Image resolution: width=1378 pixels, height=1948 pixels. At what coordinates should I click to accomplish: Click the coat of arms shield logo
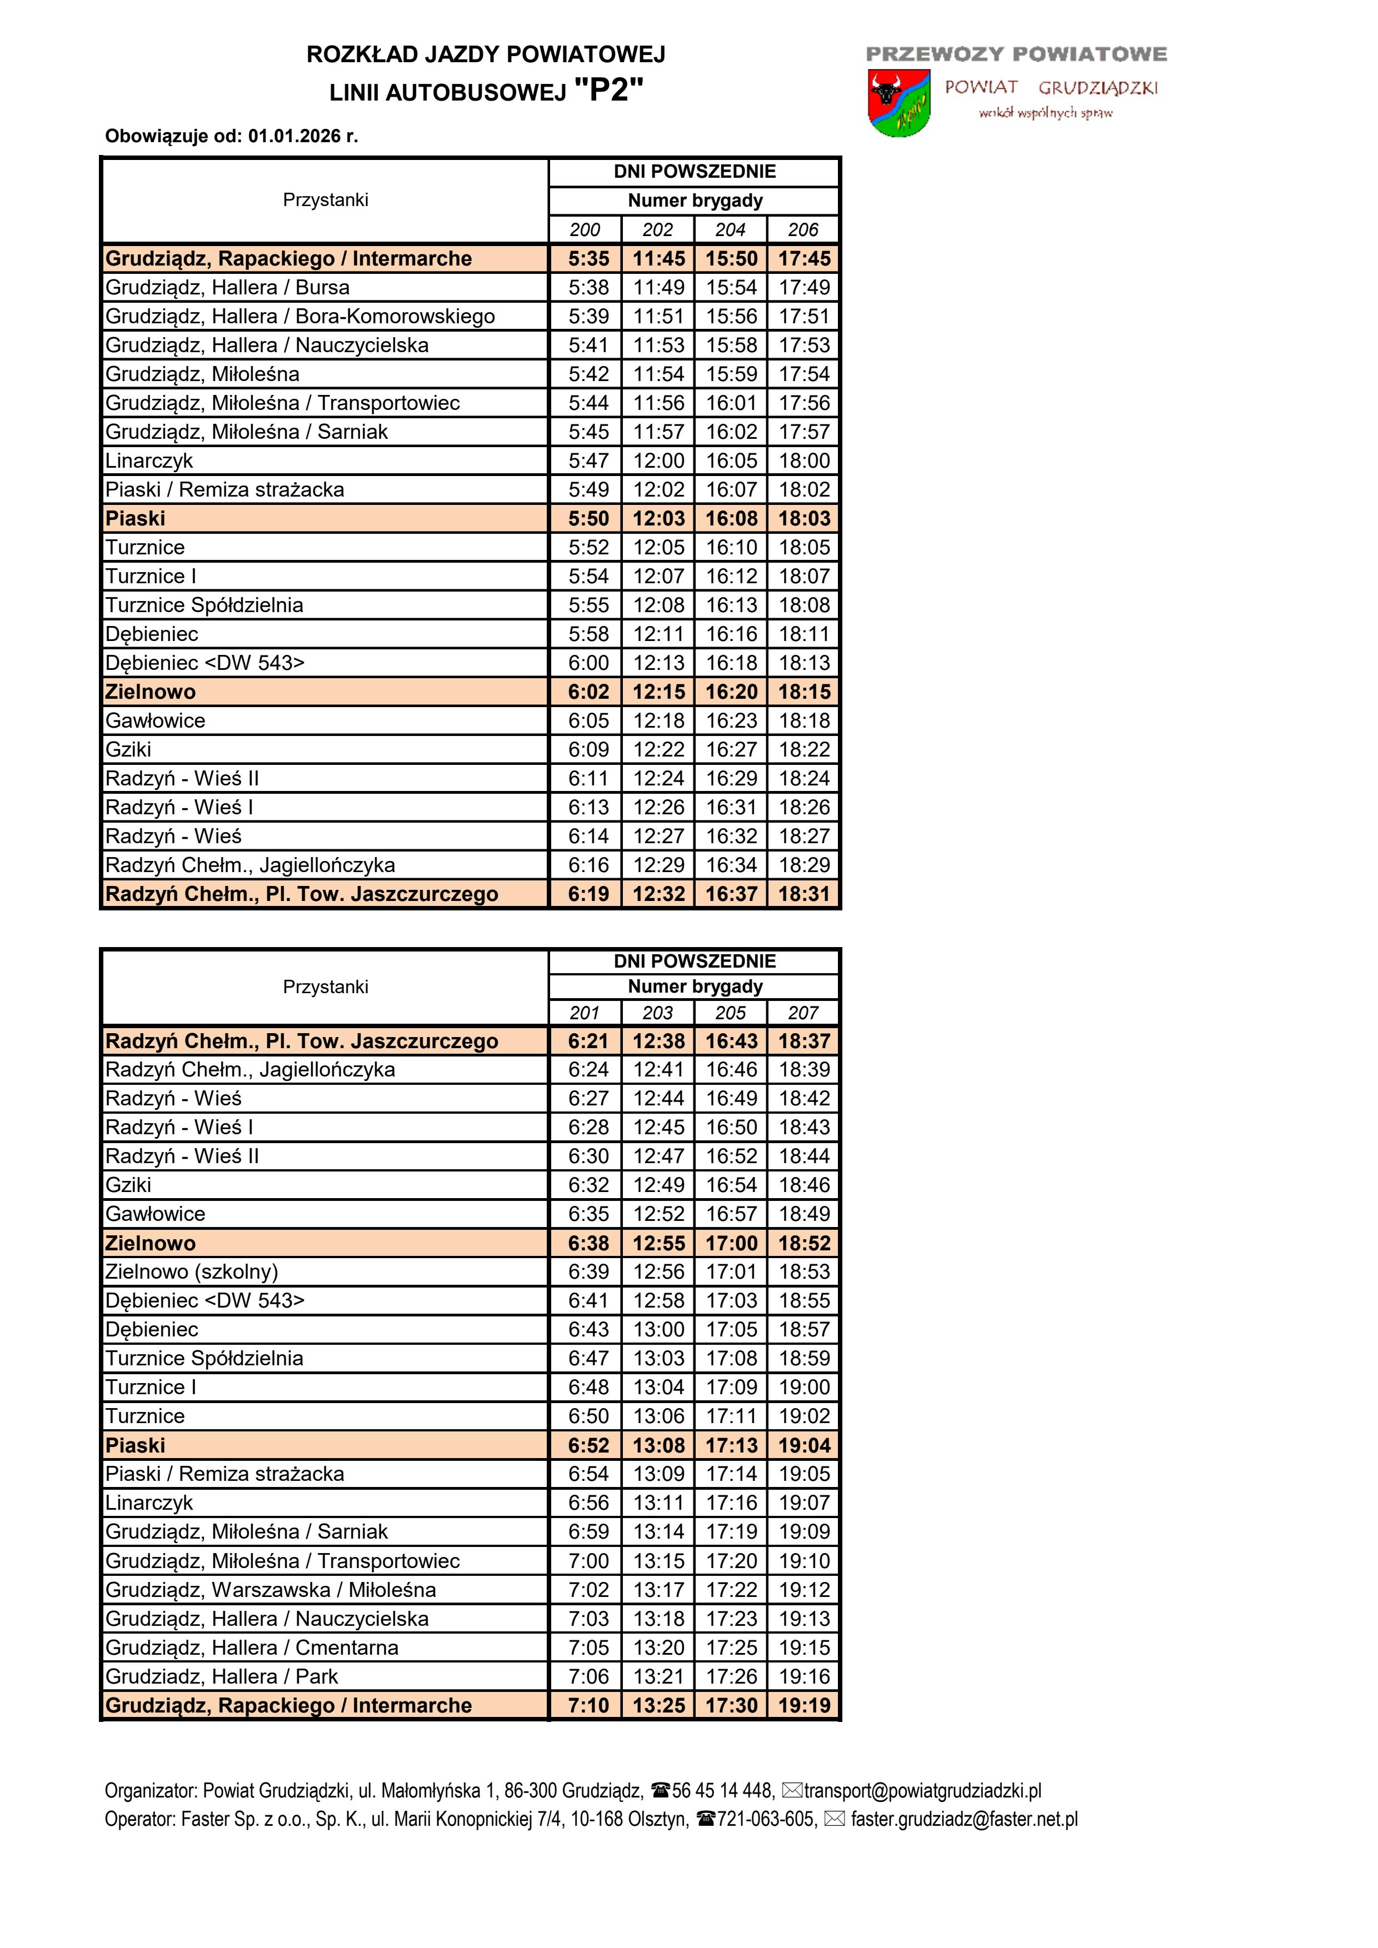click(x=898, y=103)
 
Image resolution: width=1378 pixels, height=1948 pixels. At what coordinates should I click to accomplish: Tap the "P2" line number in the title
click(x=608, y=89)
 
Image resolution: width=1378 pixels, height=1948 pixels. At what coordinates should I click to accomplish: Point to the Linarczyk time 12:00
click(x=658, y=460)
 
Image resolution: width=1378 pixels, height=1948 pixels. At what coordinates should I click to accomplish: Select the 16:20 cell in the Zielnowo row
click(x=731, y=692)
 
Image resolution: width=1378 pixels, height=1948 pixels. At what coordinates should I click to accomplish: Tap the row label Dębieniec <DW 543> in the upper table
click(x=204, y=663)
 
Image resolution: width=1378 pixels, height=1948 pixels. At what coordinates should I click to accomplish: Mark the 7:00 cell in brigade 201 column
click(x=588, y=1560)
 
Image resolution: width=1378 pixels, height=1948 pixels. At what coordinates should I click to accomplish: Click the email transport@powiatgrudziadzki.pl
click(x=922, y=1791)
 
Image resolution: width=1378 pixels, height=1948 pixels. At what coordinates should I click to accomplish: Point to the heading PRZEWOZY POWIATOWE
click(x=1016, y=54)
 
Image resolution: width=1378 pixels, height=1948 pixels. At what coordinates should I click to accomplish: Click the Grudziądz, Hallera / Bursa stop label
click(x=227, y=288)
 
